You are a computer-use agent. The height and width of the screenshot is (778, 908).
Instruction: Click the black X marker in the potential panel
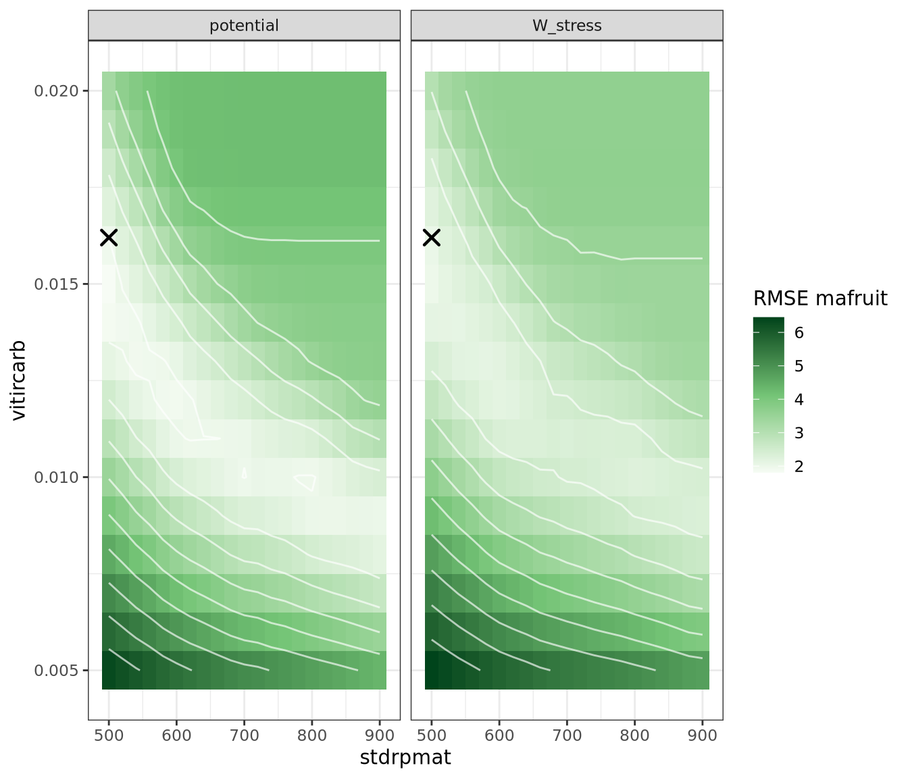(x=109, y=237)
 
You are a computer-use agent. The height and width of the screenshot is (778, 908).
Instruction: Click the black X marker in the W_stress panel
(x=432, y=237)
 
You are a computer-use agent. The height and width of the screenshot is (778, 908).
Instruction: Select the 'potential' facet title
(x=244, y=26)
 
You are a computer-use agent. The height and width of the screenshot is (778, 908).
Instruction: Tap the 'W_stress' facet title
(x=567, y=26)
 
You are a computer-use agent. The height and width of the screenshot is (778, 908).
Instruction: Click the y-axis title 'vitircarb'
(x=19, y=380)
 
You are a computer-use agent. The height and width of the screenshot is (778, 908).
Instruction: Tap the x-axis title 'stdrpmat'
(x=405, y=758)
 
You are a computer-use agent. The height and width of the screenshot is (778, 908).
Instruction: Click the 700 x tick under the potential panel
(x=244, y=735)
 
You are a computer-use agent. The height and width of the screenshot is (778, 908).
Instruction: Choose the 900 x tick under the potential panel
(x=379, y=735)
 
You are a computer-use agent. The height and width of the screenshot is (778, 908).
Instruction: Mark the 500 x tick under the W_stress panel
(x=432, y=735)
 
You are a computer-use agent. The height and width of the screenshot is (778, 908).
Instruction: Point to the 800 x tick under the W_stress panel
(x=634, y=735)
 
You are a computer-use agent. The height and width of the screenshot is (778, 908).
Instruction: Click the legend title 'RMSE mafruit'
(x=820, y=298)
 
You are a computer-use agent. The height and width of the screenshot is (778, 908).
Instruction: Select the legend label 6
(x=799, y=333)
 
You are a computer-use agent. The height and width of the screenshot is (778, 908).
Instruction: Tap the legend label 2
(x=799, y=467)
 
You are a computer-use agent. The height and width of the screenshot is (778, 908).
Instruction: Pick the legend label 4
(x=799, y=400)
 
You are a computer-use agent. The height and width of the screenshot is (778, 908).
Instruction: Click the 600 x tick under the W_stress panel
(x=499, y=735)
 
